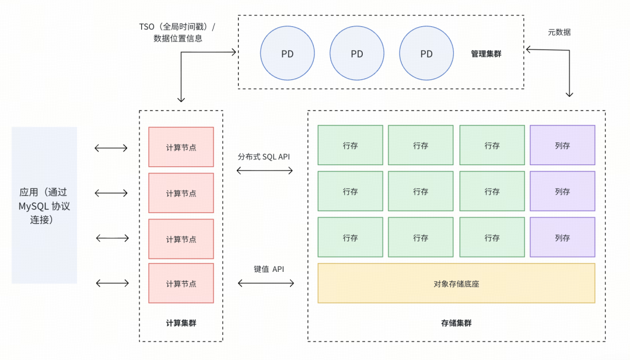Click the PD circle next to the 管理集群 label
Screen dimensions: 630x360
(426, 54)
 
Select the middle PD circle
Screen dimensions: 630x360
(357, 54)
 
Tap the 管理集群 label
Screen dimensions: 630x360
(486, 54)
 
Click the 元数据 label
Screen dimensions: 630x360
(559, 32)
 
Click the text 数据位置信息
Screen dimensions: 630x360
(177, 39)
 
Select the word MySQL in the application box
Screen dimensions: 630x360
(33, 207)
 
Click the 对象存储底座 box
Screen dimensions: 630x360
(456, 283)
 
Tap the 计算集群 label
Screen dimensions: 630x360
(181, 323)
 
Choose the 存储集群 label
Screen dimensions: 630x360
(456, 323)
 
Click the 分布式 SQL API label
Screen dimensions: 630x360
(264, 157)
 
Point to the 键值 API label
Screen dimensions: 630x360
(269, 269)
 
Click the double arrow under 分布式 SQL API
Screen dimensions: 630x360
(265, 171)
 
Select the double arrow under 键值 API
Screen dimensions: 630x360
(266, 283)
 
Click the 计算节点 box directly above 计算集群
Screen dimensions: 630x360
(181, 283)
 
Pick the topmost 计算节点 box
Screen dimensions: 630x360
(181, 147)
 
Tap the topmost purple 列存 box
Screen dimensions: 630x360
(562, 145)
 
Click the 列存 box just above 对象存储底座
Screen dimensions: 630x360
(562, 237)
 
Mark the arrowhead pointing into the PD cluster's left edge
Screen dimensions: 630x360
(233, 52)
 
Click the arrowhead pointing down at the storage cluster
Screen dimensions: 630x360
(569, 95)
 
